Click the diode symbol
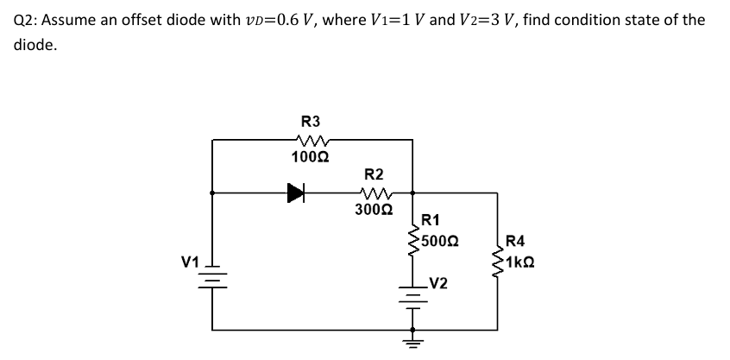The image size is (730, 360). pyautogui.click(x=298, y=193)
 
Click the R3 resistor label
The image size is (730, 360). pyautogui.click(x=310, y=122)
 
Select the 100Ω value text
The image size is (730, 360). pyautogui.click(x=308, y=156)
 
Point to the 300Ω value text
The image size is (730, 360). pyautogui.click(x=373, y=208)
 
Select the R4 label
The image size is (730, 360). pyautogui.click(x=516, y=242)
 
